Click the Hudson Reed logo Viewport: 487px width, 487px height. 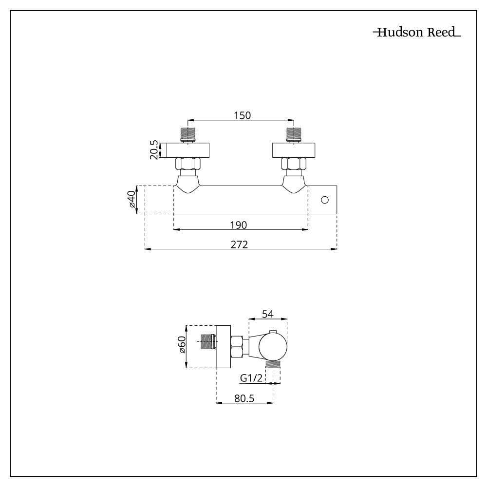pyautogui.click(x=416, y=33)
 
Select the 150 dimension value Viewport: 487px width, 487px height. pyautogui.click(x=242, y=115)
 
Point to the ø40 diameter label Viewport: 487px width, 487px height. pyautogui.click(x=131, y=200)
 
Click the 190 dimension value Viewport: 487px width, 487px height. pyautogui.click(x=239, y=225)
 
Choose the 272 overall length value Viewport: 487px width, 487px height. pyautogui.click(x=240, y=244)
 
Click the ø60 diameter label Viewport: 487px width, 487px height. pyautogui.click(x=181, y=346)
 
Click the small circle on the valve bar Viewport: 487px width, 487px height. pyautogui.click(x=325, y=200)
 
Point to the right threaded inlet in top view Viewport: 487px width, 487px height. pyautogui.click(x=294, y=134)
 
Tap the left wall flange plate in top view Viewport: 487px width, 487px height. pyautogui.click(x=188, y=150)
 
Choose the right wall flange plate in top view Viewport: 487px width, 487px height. pyautogui.click(x=294, y=150)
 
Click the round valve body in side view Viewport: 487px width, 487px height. pyautogui.click(x=273, y=347)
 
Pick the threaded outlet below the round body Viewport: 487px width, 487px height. pyautogui.click(x=273, y=364)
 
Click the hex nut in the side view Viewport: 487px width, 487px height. pyautogui.click(x=237, y=347)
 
